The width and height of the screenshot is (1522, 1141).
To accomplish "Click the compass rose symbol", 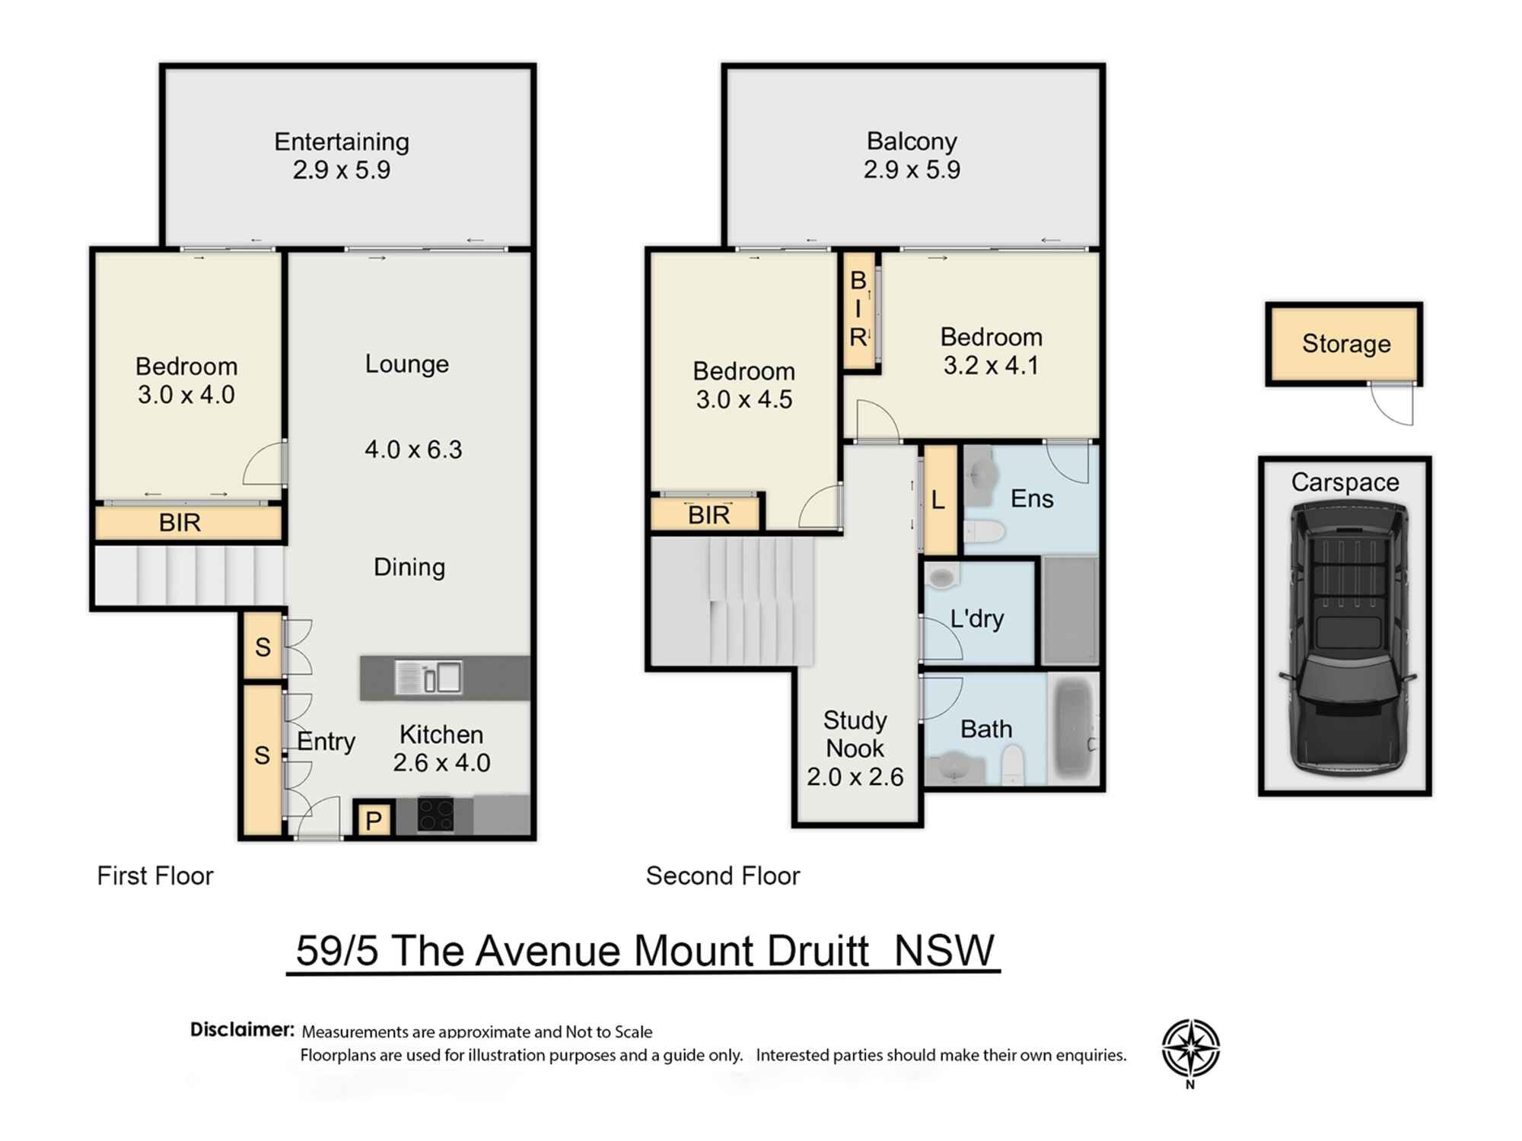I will click(x=1190, y=1048).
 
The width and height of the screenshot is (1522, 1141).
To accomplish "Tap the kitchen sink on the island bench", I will click(x=428, y=677).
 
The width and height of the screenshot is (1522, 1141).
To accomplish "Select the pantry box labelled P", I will click(x=373, y=820).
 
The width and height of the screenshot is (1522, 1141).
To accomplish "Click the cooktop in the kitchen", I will click(x=435, y=814).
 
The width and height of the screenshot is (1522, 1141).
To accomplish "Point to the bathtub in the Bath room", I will click(x=1074, y=729).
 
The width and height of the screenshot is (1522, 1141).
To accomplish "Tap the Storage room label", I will click(x=1345, y=344).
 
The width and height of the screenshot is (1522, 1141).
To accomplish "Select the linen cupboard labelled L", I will click(x=938, y=500).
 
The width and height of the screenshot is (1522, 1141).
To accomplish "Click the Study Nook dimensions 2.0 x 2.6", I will click(x=855, y=777).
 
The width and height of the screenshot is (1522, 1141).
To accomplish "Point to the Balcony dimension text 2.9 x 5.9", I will click(x=912, y=170).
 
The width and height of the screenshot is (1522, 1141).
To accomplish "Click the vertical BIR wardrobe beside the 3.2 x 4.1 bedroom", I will click(x=858, y=310).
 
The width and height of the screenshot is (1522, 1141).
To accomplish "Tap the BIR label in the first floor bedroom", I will click(x=180, y=523).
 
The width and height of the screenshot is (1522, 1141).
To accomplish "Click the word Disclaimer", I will click(x=242, y=1029).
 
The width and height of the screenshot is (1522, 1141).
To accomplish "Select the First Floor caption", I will click(x=155, y=876).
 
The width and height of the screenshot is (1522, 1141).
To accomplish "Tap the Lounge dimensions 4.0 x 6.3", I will click(x=413, y=450).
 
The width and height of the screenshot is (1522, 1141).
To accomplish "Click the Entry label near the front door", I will click(x=326, y=741).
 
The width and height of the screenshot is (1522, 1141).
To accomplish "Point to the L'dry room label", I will click(x=976, y=618).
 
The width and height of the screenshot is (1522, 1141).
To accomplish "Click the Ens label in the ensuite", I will click(x=1031, y=499).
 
